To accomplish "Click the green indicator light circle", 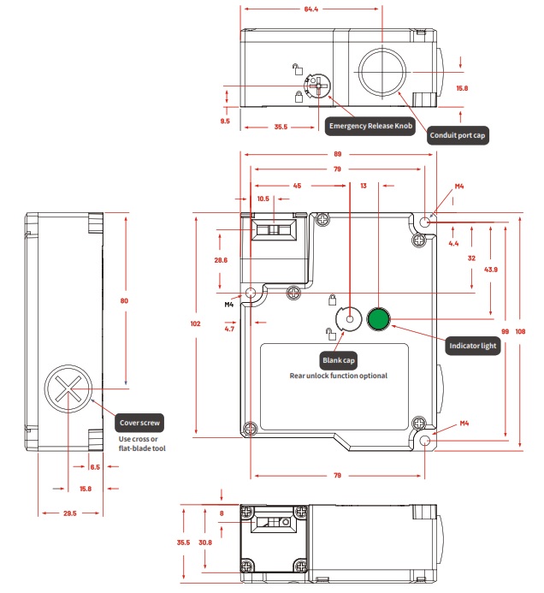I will (x=378, y=319).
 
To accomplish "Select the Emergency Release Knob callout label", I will (x=370, y=127).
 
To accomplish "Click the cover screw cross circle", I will (x=68, y=389).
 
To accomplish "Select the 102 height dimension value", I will (x=195, y=323).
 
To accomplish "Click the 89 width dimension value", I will (x=340, y=155).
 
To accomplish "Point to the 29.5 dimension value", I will (x=69, y=514).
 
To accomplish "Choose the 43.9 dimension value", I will (x=490, y=270).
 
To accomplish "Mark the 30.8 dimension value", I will (x=205, y=543).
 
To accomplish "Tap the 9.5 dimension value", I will (x=225, y=122).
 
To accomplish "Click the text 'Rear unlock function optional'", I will (x=338, y=376).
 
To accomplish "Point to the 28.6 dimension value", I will (x=221, y=259).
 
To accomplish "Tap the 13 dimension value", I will (x=364, y=185).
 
